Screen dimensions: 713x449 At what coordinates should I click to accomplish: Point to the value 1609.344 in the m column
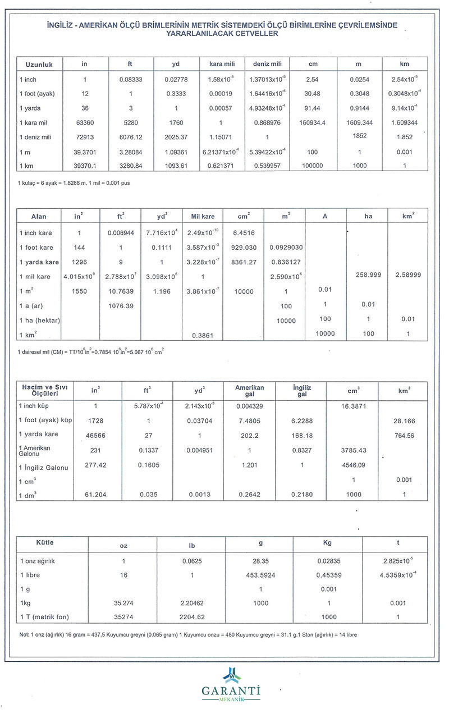click(x=359, y=122)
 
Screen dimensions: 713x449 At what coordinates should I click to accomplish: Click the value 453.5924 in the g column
click(x=260, y=575)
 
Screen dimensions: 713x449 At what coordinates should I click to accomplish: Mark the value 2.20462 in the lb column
click(x=191, y=603)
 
